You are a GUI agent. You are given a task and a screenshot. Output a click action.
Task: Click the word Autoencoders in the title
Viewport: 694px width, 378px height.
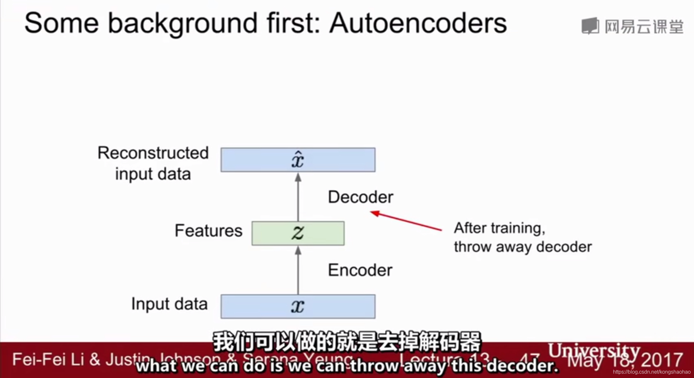pyautogui.click(x=418, y=23)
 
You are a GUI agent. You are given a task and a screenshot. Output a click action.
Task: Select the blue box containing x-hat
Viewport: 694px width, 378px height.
pyautogui.click(x=298, y=160)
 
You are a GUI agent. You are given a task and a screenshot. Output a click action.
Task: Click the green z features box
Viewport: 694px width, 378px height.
pyautogui.click(x=298, y=233)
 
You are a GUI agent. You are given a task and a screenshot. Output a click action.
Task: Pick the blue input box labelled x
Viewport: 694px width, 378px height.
pyautogui.click(x=298, y=306)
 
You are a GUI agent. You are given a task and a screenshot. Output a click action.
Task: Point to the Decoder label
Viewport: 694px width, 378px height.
pyautogui.click(x=360, y=197)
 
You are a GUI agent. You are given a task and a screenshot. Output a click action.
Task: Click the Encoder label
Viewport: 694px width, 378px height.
pyautogui.click(x=360, y=270)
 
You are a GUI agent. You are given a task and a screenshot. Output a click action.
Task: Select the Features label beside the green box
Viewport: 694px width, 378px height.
pyautogui.click(x=209, y=231)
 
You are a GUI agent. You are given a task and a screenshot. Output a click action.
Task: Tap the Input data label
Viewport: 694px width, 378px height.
pyautogui.click(x=169, y=304)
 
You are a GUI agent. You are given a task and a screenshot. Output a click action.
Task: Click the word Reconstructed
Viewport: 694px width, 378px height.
pyautogui.click(x=153, y=153)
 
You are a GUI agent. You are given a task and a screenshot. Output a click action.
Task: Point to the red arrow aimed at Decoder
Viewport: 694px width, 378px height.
pyautogui.click(x=406, y=221)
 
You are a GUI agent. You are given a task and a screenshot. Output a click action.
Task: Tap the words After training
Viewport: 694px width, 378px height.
pyautogui.click(x=499, y=228)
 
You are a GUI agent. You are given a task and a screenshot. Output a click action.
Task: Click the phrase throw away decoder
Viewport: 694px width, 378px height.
pyautogui.click(x=523, y=247)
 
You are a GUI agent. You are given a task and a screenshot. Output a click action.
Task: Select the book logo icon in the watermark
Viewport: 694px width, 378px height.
pyautogui.click(x=590, y=26)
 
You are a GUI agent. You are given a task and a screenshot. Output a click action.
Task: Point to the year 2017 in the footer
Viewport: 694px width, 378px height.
pyautogui.click(x=662, y=359)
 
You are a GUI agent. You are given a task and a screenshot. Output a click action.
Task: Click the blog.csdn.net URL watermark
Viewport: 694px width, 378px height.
pyautogui.click(x=652, y=372)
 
